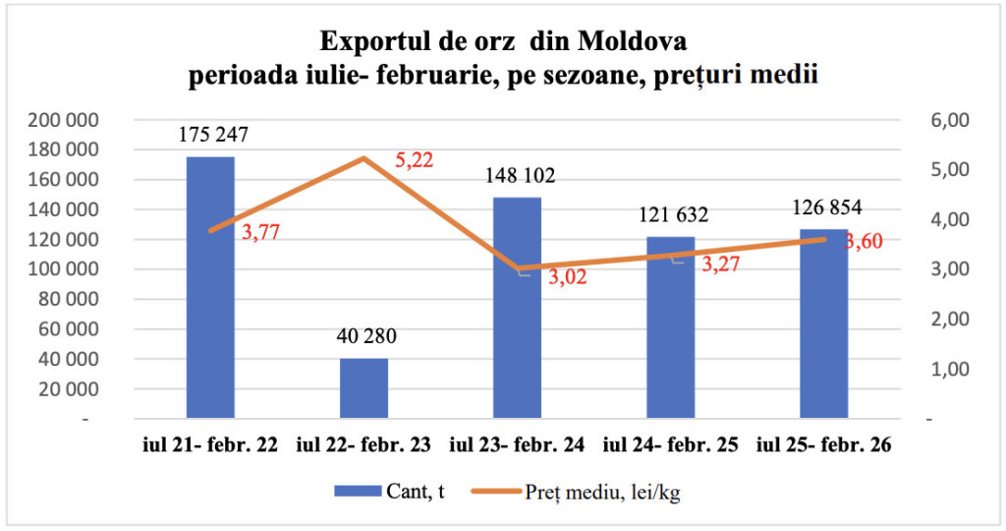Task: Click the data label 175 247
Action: tap(213, 136)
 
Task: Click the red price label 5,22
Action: tap(414, 159)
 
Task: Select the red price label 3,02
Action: tap(566, 276)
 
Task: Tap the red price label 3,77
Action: tap(260, 232)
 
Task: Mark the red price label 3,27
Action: tap(719, 263)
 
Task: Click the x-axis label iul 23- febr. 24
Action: tap(517, 445)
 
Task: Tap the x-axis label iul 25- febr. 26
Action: tap(823, 445)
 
